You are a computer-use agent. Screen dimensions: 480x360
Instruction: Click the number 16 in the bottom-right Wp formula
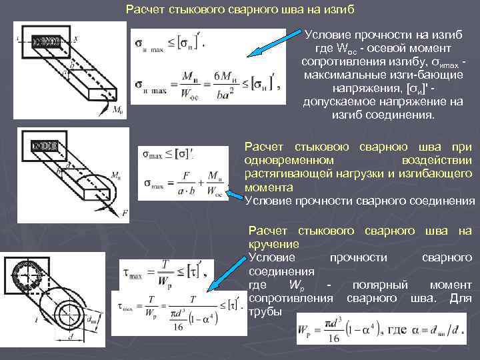[x=333, y=339]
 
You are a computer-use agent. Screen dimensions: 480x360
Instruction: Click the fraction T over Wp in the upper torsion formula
[x=164, y=269]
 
